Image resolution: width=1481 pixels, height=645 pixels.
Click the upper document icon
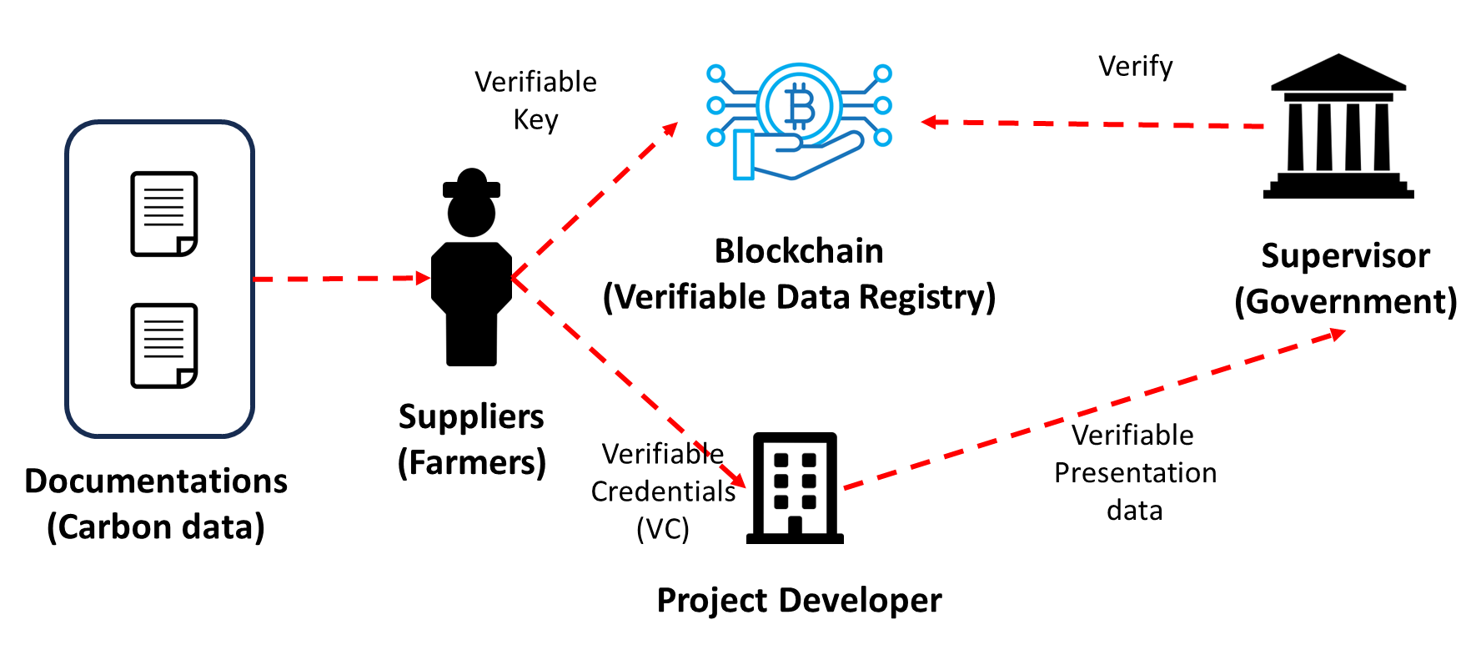click(x=163, y=214)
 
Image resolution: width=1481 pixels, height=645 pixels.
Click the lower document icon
click(x=163, y=345)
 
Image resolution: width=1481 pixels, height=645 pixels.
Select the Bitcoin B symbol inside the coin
click(x=800, y=106)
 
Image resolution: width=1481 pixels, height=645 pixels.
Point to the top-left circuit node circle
click(x=715, y=73)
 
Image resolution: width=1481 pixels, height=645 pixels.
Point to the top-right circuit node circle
click(x=883, y=73)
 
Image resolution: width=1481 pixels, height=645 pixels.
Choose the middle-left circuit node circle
click(x=715, y=106)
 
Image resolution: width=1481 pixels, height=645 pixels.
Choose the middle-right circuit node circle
click(x=883, y=106)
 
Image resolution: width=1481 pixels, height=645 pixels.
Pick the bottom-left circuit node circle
click(x=715, y=138)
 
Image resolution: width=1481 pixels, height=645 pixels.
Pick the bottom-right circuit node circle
click(x=883, y=138)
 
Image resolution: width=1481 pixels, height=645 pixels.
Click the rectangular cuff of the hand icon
click(x=743, y=155)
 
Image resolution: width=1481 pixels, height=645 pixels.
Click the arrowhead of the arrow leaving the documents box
click(x=424, y=278)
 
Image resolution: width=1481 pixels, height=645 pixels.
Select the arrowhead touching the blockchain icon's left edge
click(x=670, y=128)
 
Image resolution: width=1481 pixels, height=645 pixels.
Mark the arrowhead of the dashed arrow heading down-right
click(x=737, y=480)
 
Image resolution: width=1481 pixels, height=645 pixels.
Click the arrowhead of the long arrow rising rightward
click(x=1338, y=334)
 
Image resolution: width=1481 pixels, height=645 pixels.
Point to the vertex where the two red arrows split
click(x=514, y=277)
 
